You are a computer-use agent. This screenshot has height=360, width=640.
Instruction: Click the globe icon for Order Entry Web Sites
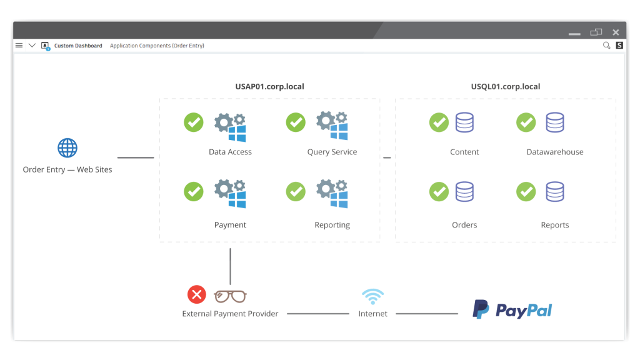click(67, 147)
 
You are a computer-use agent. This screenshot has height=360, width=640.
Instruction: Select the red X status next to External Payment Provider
click(197, 294)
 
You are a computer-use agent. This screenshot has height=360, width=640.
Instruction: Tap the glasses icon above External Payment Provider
click(230, 296)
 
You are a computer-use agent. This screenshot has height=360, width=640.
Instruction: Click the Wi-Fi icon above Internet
click(372, 297)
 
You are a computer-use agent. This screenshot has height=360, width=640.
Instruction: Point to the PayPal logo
click(512, 310)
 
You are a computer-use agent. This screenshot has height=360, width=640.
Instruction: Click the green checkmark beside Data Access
click(194, 122)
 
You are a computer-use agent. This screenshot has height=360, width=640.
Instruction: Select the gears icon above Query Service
click(332, 126)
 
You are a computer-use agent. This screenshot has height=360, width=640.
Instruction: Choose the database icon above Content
click(464, 122)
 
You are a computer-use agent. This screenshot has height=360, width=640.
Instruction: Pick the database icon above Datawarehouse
click(555, 122)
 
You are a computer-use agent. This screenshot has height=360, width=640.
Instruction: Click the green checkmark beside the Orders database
click(439, 191)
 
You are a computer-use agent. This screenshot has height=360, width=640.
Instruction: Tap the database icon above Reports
click(555, 191)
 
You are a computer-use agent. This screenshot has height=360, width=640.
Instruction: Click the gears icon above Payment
click(230, 194)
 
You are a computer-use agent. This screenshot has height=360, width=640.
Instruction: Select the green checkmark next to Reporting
click(296, 191)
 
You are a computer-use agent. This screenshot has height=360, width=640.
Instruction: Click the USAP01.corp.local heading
click(270, 86)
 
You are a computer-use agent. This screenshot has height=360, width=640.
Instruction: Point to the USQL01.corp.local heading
click(506, 86)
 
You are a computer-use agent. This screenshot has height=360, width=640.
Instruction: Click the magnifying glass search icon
click(606, 45)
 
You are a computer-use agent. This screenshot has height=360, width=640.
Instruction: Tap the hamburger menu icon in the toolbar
click(19, 45)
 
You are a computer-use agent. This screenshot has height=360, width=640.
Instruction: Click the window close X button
click(616, 32)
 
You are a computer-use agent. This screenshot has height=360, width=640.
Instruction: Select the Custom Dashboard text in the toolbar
click(78, 46)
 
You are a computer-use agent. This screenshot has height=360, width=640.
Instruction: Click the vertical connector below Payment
click(230, 266)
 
